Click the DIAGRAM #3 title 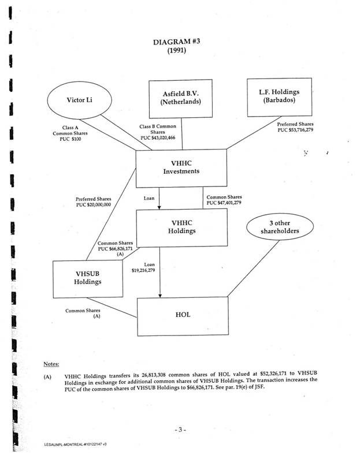click(x=179, y=42)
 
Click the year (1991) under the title click(x=179, y=52)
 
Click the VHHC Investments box click(x=181, y=167)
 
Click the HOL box click(x=183, y=315)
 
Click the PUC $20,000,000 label click(x=93, y=204)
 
